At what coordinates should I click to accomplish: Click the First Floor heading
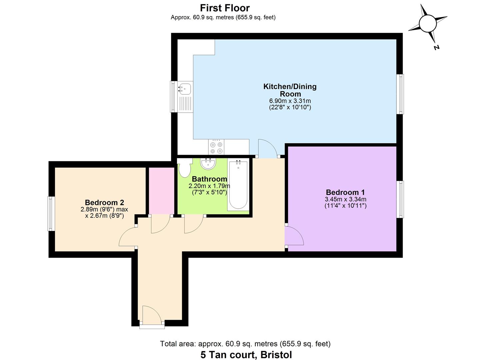point(225,8)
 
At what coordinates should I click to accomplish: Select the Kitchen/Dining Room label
point(290,90)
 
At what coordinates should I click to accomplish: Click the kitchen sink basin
point(185,88)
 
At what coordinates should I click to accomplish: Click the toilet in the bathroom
point(184,168)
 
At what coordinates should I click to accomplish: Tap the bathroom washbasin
point(208,163)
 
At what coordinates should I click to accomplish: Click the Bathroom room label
point(209,179)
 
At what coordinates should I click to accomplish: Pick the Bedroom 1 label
point(345,192)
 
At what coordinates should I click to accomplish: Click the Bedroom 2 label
point(104,202)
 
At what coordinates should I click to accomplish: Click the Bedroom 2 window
point(51,213)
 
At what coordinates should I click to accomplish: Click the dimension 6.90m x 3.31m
point(290,101)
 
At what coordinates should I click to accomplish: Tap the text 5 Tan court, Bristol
point(246,355)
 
